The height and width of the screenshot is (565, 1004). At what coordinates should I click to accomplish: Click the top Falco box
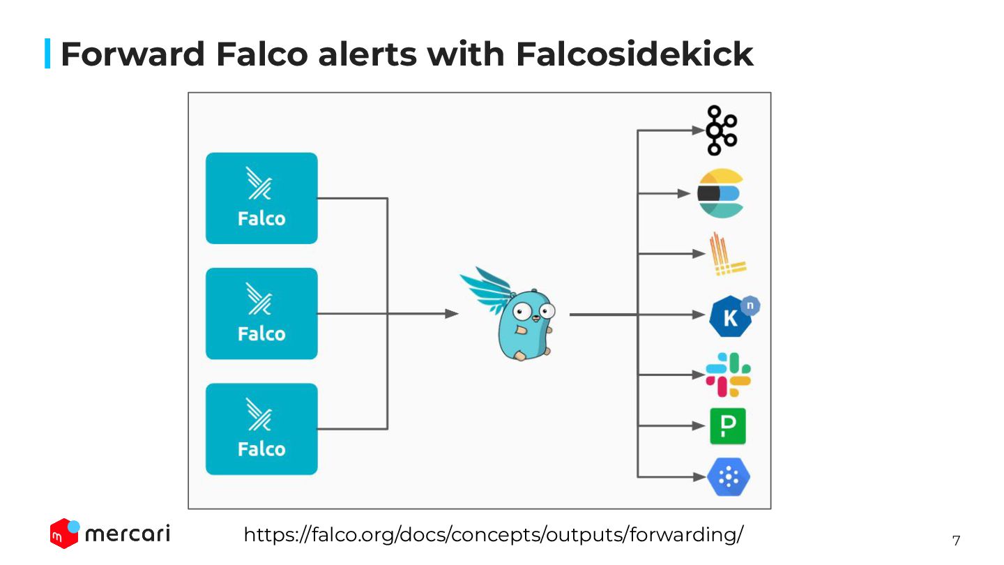tap(261, 198)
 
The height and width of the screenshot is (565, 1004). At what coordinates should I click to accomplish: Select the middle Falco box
tap(261, 313)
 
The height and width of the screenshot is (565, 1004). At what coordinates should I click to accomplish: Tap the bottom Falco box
tap(261, 429)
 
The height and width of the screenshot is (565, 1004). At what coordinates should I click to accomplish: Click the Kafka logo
tap(721, 130)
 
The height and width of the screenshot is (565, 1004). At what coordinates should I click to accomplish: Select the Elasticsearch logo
tap(721, 193)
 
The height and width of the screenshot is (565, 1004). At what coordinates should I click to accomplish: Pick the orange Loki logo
tap(726, 255)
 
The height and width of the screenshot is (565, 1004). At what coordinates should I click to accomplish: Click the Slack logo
tap(728, 375)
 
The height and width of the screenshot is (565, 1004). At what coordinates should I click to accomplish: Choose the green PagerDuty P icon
tap(727, 426)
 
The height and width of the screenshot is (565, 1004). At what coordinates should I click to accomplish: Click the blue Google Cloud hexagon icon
tap(728, 477)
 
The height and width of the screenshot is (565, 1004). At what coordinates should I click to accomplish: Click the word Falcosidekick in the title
tap(634, 54)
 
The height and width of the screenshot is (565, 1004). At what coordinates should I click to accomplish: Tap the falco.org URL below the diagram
tap(493, 535)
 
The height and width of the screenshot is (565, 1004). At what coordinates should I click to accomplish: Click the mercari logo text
tap(127, 534)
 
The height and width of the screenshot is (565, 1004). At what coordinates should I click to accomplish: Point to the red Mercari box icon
tap(64, 534)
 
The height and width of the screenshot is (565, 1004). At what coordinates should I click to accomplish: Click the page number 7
tap(956, 541)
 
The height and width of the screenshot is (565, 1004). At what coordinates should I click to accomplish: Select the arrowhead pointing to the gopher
tap(452, 314)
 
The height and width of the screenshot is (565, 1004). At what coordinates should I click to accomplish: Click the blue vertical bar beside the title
tap(47, 54)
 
